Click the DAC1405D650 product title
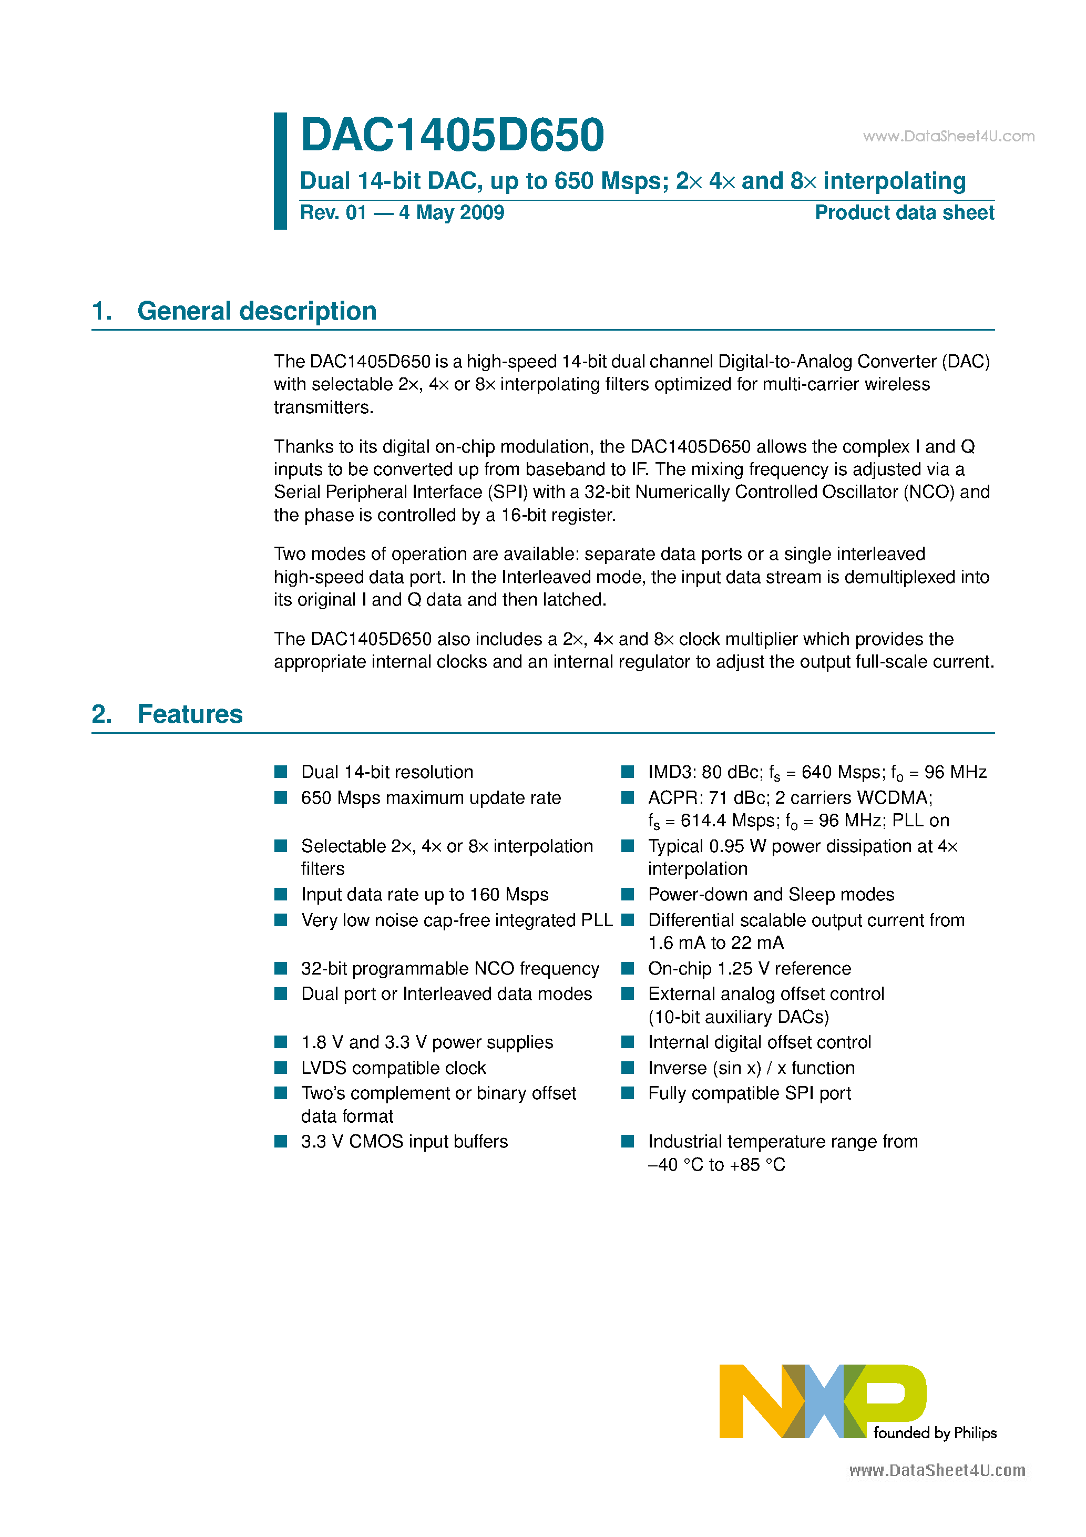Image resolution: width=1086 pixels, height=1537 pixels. [452, 135]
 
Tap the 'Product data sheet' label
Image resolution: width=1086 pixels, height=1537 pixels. [904, 213]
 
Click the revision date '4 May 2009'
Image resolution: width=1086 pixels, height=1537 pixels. [451, 213]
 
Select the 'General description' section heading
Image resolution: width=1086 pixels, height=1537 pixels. [257, 311]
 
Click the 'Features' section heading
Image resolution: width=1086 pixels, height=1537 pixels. [190, 714]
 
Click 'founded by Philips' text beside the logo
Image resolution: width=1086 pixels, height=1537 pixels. [935, 1432]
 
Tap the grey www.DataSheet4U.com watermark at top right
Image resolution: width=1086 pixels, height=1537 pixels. [948, 137]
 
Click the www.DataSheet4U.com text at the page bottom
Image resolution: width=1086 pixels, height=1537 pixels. [937, 1471]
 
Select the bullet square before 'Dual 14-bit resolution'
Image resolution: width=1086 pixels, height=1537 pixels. [281, 772]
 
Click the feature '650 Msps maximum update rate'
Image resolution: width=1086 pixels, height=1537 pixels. [431, 798]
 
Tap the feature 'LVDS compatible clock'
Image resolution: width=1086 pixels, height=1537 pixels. [393, 1068]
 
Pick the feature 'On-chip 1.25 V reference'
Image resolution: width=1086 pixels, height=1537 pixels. [749, 969]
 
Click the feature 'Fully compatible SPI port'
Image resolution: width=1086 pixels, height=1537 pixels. [749, 1093]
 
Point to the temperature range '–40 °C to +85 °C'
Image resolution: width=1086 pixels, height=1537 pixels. [716, 1165]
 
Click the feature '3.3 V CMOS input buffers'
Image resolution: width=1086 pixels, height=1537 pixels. [404, 1141]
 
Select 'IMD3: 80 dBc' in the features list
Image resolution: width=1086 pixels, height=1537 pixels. [704, 773]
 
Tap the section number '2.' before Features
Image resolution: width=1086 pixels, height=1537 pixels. [102, 714]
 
